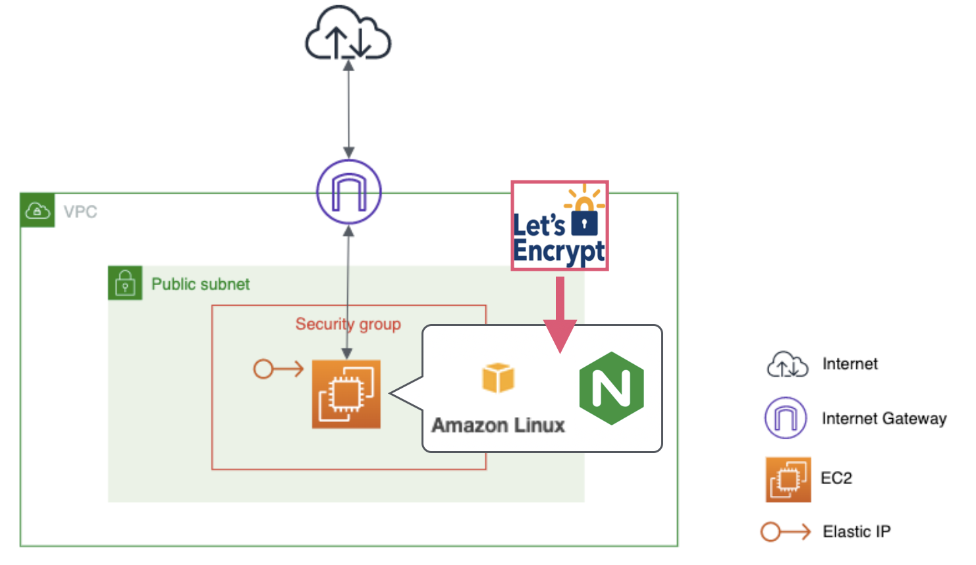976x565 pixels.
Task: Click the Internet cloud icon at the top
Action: (348, 34)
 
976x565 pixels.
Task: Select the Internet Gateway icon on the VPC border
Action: (348, 192)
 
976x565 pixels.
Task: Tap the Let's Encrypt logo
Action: (559, 226)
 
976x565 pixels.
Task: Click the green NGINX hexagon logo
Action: (611, 388)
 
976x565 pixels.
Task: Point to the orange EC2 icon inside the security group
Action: (346, 394)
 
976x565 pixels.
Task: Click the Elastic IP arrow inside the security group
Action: (278, 369)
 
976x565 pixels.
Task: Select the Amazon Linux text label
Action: (498, 425)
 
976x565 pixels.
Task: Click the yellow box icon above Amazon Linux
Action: (498, 377)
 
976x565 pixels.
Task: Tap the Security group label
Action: (348, 324)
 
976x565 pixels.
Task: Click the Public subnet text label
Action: (200, 284)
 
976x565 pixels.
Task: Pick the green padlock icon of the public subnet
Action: (125, 282)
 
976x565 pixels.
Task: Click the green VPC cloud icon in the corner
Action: (37, 211)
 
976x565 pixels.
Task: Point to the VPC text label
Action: (80, 212)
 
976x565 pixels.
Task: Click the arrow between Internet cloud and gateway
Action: (348, 109)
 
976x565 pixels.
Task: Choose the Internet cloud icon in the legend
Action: (787, 364)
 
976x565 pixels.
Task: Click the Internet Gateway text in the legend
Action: (884, 419)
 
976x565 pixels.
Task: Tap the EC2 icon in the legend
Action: (788, 479)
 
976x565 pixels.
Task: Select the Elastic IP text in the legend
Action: (856, 532)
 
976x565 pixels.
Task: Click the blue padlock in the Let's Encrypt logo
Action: (584, 223)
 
